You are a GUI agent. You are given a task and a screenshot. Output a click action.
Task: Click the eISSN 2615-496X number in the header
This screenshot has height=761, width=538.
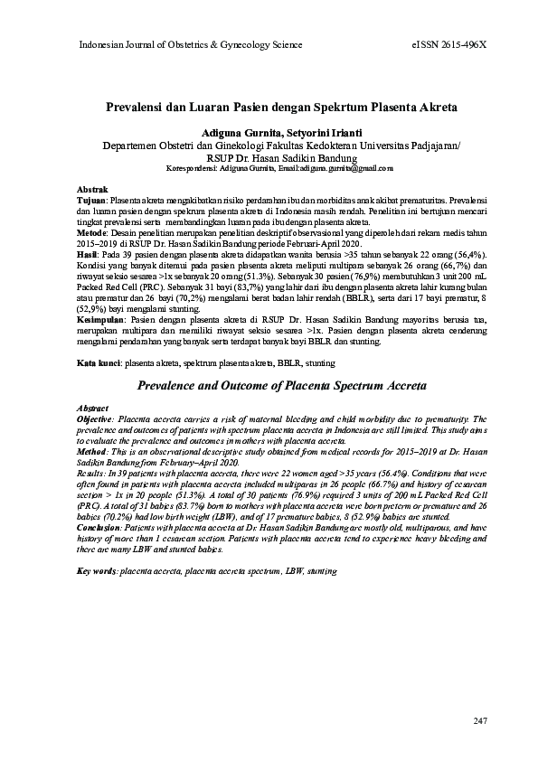tap(448, 44)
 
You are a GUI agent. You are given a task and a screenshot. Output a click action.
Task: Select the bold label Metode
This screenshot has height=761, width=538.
tap(90, 230)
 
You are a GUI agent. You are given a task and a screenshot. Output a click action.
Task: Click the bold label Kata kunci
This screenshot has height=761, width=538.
tap(97, 362)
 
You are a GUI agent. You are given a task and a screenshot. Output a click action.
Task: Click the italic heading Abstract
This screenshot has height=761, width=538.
tap(94, 409)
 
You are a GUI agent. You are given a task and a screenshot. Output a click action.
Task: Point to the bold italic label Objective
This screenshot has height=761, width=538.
tap(96, 419)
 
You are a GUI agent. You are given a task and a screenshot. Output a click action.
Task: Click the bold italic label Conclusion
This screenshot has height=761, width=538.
tap(99, 528)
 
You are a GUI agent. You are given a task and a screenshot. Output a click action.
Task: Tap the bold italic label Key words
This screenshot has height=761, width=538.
tap(97, 572)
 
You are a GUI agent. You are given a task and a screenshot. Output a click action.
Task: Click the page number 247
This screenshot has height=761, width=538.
tap(479, 720)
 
